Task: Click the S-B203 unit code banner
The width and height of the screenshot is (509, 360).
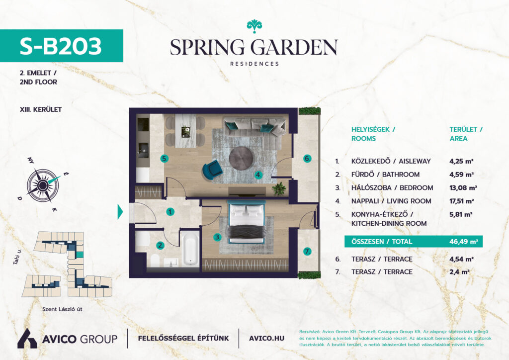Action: click(x=61, y=46)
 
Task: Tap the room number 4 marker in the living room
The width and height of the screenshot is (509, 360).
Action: click(x=258, y=175)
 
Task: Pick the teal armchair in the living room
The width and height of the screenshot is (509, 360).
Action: click(x=213, y=169)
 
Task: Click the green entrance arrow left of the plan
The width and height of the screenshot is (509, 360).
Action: click(x=120, y=212)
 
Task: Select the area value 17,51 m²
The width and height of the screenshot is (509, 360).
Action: click(x=461, y=201)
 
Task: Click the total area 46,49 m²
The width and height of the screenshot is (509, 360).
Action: click(x=464, y=242)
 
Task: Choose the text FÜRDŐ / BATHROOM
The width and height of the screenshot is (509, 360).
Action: click(x=385, y=175)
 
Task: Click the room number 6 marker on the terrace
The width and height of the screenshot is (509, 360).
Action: click(x=307, y=159)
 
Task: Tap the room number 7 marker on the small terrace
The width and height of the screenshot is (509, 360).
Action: click(x=307, y=251)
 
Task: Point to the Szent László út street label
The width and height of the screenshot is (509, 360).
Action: click(x=62, y=309)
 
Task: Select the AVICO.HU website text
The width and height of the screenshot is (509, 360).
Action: click(x=266, y=338)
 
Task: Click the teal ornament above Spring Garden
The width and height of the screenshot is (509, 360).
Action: click(x=254, y=26)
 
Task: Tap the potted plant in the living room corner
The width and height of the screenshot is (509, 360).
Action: click(x=279, y=188)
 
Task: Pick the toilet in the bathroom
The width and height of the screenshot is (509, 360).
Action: click(x=155, y=260)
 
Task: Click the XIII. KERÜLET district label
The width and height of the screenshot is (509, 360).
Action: click(x=41, y=109)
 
